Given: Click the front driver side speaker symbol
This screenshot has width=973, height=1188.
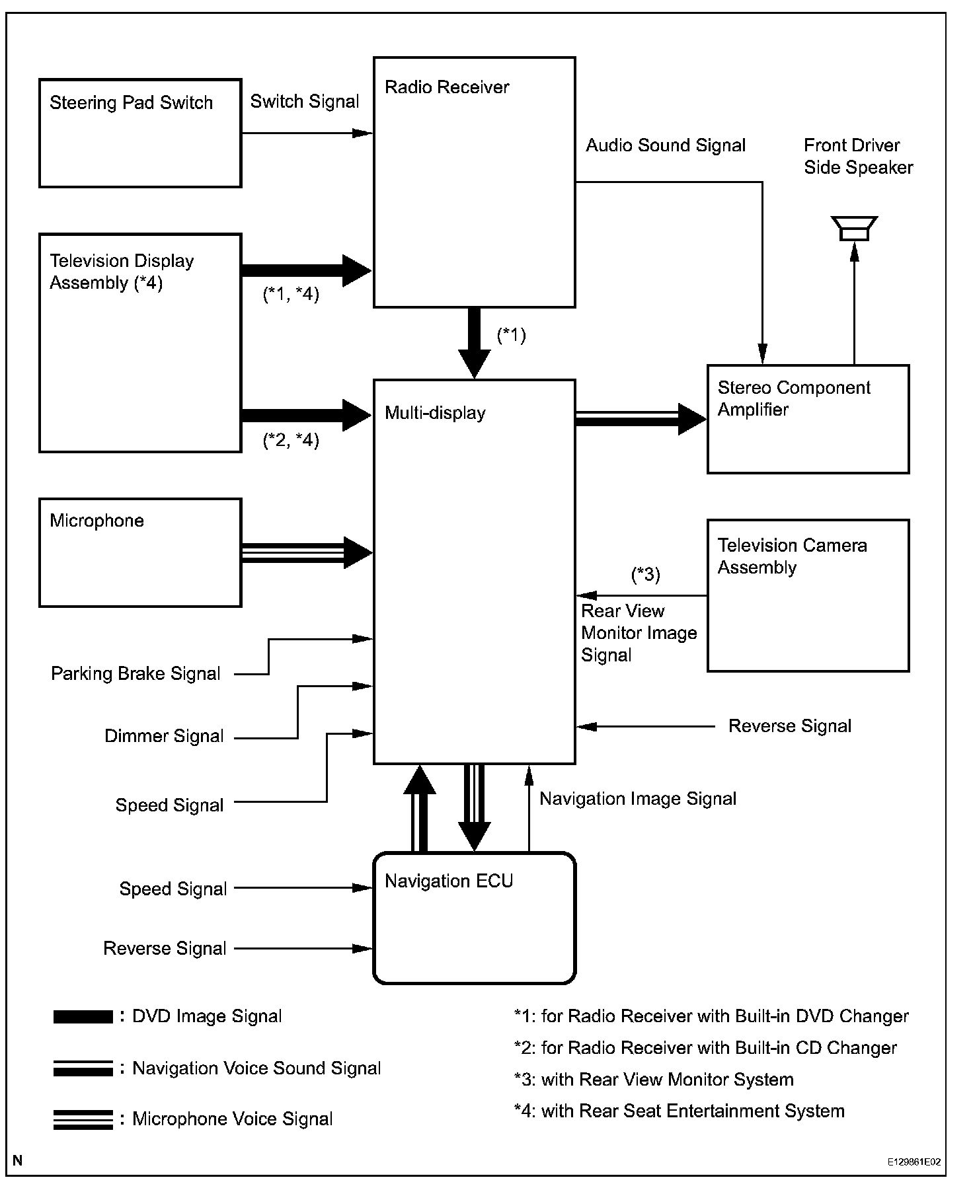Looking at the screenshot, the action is (x=854, y=229).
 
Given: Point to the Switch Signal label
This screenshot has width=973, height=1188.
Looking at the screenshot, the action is (x=305, y=101).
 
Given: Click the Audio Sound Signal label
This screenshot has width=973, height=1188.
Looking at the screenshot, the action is (x=666, y=145).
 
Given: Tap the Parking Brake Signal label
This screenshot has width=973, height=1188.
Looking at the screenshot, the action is (x=136, y=673).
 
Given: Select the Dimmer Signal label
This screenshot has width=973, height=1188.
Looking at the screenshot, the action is (x=164, y=736).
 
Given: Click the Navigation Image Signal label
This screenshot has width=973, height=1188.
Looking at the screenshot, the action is (x=638, y=799).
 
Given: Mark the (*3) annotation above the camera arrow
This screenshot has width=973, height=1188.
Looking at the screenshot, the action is (x=646, y=575).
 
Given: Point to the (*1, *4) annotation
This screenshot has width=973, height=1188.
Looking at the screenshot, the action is (x=291, y=294).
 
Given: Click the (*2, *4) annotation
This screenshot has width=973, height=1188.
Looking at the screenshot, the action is (x=291, y=440).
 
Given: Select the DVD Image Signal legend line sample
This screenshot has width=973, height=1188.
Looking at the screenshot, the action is (x=83, y=1017).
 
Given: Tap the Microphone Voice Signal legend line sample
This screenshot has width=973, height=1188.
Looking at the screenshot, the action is (x=83, y=1120).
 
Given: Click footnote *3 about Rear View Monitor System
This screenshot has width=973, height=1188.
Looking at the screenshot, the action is (x=654, y=1080).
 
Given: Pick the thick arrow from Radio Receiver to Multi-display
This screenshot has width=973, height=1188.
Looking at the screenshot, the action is (x=475, y=343).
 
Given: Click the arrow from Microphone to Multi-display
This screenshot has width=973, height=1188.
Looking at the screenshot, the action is (x=307, y=552).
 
